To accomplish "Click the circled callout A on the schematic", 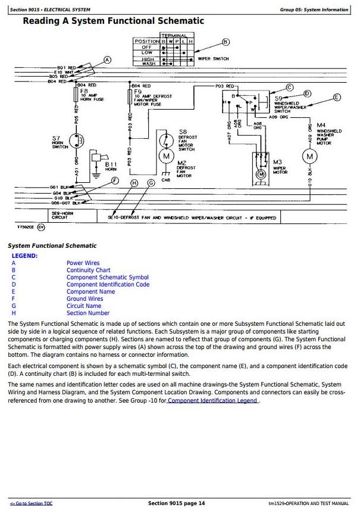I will [x=107, y=60].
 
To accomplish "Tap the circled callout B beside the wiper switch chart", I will [x=225, y=42].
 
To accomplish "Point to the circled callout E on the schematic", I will [x=337, y=97].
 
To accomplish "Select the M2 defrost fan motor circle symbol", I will [x=166, y=156].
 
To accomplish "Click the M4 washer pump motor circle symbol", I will [x=309, y=157].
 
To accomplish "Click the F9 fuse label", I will [x=138, y=91].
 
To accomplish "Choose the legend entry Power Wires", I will [x=83, y=263].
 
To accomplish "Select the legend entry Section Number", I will [x=88, y=313].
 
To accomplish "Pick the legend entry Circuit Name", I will [x=84, y=306].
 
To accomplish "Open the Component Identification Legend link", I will [x=213, y=400].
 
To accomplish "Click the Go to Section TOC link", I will [x=31, y=503].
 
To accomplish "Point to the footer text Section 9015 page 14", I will [x=176, y=503].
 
